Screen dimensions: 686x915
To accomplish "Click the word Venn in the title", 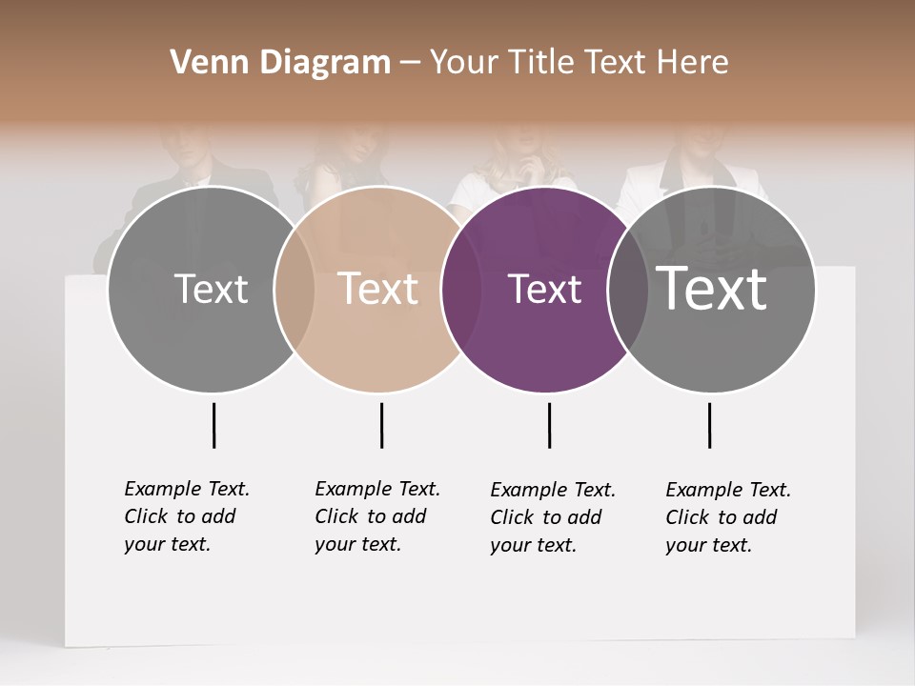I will point(202,63).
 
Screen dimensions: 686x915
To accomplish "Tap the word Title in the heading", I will point(540,63).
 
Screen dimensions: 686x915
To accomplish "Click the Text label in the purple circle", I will point(544,290).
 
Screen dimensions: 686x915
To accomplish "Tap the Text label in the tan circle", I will point(377,289).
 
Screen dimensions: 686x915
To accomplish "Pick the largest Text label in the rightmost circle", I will point(711,289).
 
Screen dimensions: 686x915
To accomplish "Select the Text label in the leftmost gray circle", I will point(211,289).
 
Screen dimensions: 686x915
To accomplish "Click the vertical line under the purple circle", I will point(549,425).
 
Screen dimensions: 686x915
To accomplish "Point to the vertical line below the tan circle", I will point(381,425).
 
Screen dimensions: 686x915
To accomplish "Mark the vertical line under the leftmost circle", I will point(213,425).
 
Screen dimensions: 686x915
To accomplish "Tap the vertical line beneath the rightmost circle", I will point(709,425).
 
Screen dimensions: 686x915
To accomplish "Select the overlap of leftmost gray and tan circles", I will point(294,290).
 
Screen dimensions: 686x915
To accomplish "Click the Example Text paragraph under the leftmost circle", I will point(186,516).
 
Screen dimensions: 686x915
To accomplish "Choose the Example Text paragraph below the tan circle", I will point(376,516).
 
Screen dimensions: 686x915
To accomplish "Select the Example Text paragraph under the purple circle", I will point(552,517).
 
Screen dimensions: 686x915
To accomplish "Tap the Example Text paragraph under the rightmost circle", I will point(727,517).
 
